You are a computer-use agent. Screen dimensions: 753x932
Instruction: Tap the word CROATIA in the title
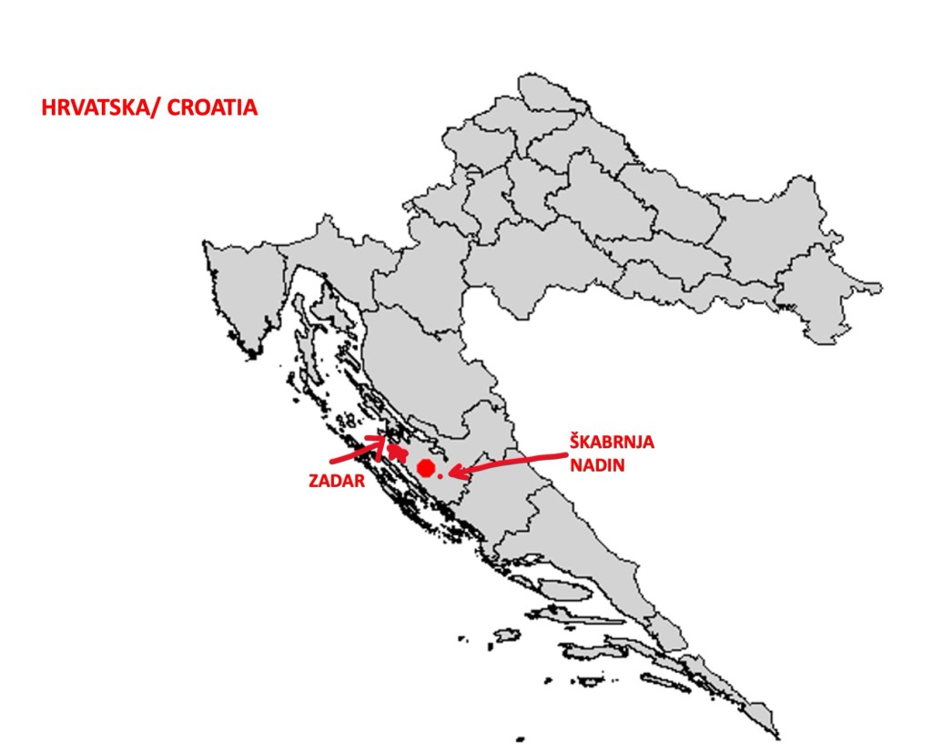click(219, 107)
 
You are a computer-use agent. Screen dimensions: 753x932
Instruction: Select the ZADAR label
click(330, 479)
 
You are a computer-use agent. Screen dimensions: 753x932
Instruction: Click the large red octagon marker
click(425, 468)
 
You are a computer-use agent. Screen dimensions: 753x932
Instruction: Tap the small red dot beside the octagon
click(440, 474)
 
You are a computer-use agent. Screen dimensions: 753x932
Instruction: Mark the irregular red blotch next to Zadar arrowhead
click(397, 450)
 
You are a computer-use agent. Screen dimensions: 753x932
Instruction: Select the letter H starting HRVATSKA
click(48, 107)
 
